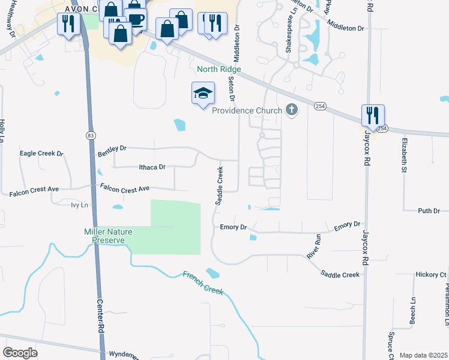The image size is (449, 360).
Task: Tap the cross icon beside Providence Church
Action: point(292,110)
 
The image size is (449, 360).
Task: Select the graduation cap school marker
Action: point(203,94)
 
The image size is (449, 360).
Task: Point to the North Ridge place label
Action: point(218,70)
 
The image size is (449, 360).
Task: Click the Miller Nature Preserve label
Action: point(104,236)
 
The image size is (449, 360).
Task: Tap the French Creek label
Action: point(203,284)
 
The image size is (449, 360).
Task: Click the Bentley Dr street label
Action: point(112,152)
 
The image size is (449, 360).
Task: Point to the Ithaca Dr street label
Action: point(151,167)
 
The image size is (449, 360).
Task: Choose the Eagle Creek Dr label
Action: point(41,154)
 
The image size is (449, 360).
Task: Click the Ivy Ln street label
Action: point(79,205)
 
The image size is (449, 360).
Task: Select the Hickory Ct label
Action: point(431,274)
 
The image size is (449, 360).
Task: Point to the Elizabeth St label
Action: point(401,155)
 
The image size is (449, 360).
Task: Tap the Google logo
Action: point(20,352)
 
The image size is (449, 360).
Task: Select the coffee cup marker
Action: point(136,19)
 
